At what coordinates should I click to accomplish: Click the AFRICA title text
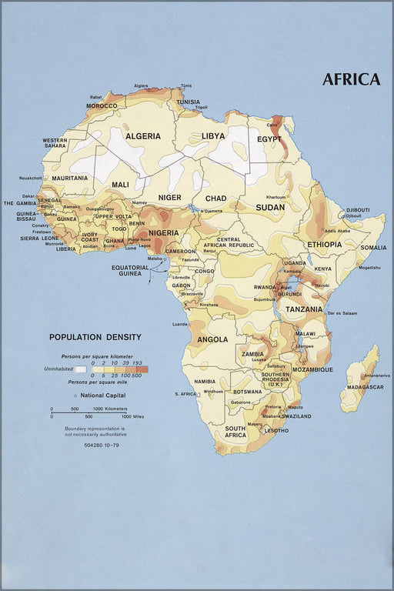pyautogui.click(x=351, y=79)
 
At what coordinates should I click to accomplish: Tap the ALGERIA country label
pyautogui.click(x=143, y=136)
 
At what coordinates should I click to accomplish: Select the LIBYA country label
pyautogui.click(x=213, y=136)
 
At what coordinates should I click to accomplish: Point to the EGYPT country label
pyautogui.click(x=269, y=139)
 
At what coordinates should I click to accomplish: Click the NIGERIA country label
pyautogui.click(x=163, y=233)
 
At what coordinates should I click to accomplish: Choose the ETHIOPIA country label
pyautogui.click(x=324, y=245)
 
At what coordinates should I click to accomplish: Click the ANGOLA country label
pyautogui.click(x=212, y=339)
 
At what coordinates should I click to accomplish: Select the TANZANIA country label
pyautogui.click(x=304, y=309)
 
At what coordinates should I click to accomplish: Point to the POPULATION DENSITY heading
pyautogui.click(x=95, y=337)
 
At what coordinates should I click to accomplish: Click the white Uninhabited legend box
pyautogui.click(x=81, y=369)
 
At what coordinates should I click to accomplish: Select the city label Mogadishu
pyautogui.click(x=369, y=268)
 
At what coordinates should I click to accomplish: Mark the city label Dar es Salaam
pyautogui.click(x=344, y=314)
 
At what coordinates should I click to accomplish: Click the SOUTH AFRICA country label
pyautogui.click(x=235, y=432)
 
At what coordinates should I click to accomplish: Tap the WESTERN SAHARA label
pyautogui.click(x=54, y=142)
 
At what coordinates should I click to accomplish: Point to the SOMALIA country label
pyautogui.click(x=373, y=248)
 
